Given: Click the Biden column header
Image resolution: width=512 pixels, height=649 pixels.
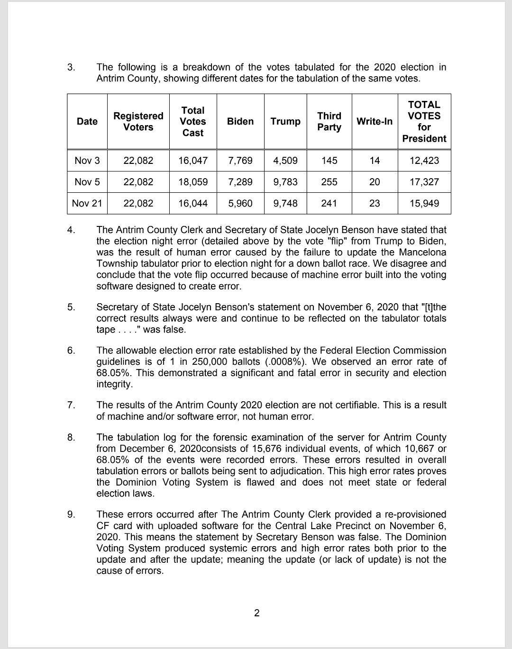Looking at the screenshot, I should point(240,121).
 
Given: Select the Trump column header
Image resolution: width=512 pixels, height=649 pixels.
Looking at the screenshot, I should point(285,121).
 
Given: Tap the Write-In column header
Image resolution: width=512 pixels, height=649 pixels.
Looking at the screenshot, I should point(375,121).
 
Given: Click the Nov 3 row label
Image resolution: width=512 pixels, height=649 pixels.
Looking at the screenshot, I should point(87,161).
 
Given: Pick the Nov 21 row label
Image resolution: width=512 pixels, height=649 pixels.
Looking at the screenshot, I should point(87,203).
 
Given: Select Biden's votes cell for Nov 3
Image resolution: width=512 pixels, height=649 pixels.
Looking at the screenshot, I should point(240,161).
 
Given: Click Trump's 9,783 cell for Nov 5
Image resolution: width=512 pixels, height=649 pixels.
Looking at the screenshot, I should point(285,182).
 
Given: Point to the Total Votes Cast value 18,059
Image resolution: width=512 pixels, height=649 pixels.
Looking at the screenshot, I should point(193,182).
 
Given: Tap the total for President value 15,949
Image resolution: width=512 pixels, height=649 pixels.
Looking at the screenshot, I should point(424,203).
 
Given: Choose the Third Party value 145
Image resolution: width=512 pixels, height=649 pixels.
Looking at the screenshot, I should point(329,161).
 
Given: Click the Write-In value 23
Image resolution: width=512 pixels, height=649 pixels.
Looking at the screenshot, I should point(375,203).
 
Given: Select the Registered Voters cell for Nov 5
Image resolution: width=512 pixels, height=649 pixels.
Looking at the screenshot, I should point(138,182).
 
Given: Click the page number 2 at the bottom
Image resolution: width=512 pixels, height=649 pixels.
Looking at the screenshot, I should point(257,613).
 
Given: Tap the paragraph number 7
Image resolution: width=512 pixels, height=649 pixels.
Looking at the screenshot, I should point(71,405).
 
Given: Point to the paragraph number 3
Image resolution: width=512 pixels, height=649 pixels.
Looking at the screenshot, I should point(71,67).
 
